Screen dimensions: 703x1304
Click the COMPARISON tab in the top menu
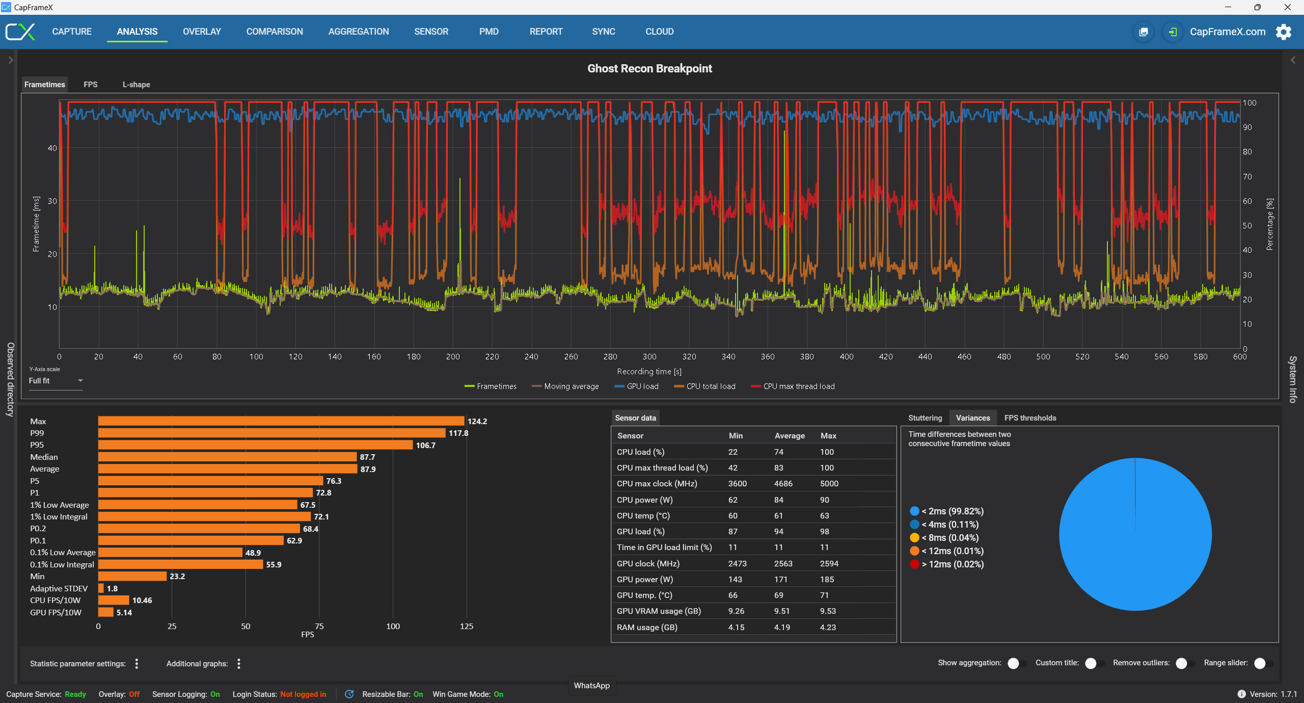[x=275, y=32]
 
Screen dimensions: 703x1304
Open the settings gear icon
[x=1283, y=32]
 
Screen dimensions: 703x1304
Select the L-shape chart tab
[x=136, y=85]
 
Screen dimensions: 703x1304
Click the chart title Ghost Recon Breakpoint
[x=649, y=69]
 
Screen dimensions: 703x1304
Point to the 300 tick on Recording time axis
[x=649, y=357]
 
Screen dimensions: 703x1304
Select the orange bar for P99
[x=271, y=433]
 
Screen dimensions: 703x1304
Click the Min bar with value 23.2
[x=132, y=577]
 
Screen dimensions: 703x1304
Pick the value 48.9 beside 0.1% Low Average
[x=253, y=553]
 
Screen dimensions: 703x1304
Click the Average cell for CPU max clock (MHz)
[x=783, y=484]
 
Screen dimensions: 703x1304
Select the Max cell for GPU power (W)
[x=827, y=580]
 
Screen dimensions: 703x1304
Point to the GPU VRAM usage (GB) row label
[x=658, y=611]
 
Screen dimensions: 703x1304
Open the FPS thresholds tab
[x=1030, y=418]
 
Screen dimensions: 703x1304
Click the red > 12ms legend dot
[x=914, y=564]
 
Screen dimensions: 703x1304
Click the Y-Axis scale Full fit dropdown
[x=56, y=381]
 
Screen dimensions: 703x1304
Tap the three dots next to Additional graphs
[x=239, y=664]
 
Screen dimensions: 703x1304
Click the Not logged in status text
[x=303, y=694]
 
